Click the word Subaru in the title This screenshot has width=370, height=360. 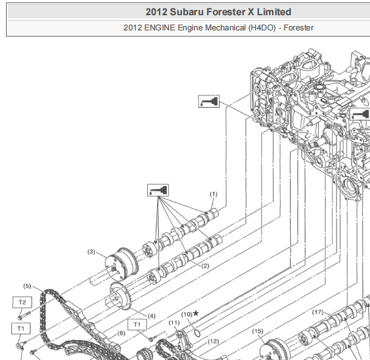pyautogui.click(x=187, y=12)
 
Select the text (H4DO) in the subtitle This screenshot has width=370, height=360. pyautogui.click(x=262, y=28)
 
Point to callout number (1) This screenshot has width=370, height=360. pyautogui.click(x=214, y=194)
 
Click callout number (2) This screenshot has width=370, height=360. pyautogui.click(x=205, y=266)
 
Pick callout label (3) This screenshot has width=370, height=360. pyautogui.click(x=91, y=252)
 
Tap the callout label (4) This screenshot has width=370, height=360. pyautogui.click(x=152, y=316)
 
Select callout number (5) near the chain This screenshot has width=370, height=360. pyautogui.click(x=27, y=286)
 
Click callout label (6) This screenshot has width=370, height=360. pyautogui.click(x=121, y=333)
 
